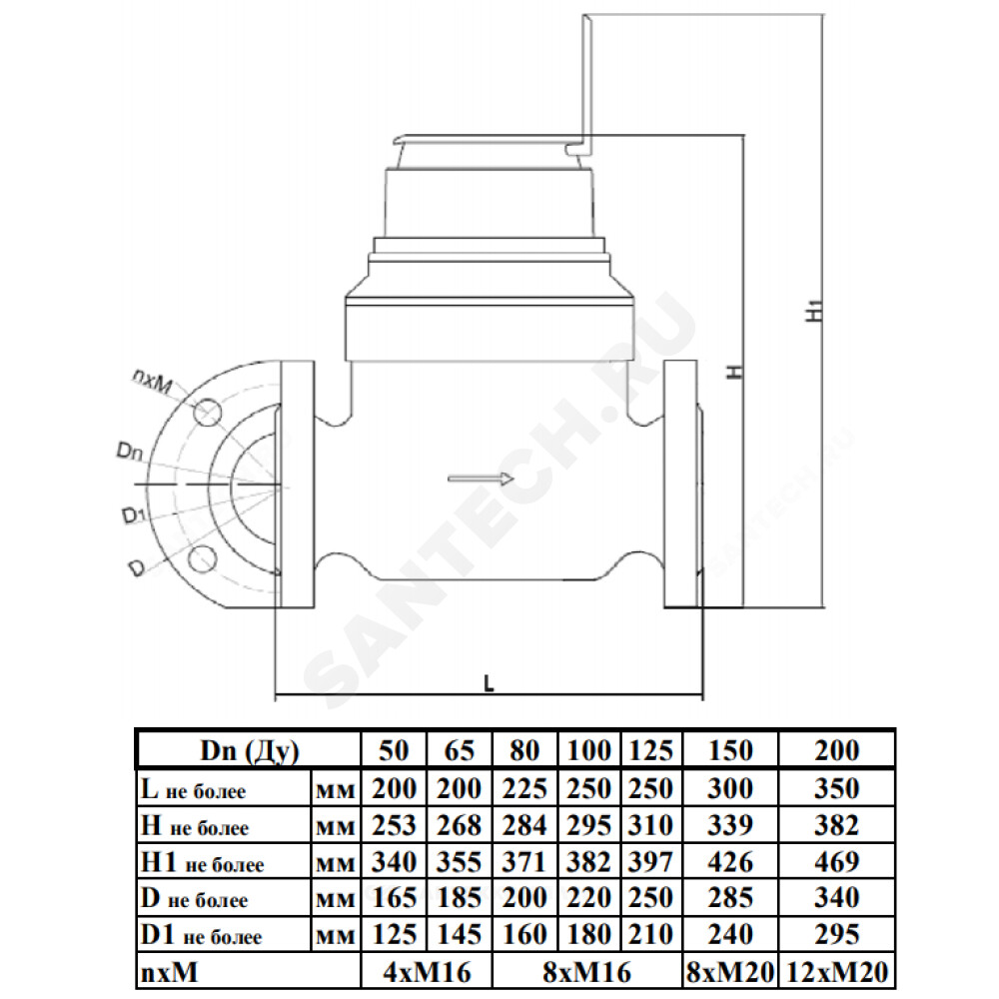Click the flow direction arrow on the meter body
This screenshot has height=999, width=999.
point(481,479)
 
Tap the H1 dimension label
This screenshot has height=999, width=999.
point(813,311)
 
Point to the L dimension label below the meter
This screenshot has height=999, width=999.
point(489,683)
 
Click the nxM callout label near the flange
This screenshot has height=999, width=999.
point(152,383)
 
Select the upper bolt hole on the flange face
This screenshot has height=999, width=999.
point(207,413)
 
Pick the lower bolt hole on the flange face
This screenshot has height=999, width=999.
point(203,558)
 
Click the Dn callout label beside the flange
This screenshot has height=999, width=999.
point(129,452)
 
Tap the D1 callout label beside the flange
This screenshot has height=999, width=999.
point(131,514)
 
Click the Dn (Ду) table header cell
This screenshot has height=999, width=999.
point(249,750)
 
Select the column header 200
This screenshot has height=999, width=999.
point(836,750)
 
